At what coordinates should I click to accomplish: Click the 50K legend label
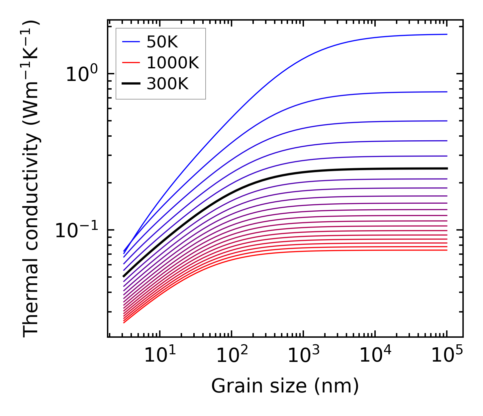[162, 42]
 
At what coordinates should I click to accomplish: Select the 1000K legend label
[173, 63]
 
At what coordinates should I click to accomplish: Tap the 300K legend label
[167, 84]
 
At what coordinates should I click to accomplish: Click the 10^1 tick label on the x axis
[160, 356]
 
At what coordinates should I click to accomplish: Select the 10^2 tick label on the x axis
[232, 356]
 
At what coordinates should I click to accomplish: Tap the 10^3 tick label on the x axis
[303, 356]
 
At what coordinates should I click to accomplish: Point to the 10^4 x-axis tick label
[375, 356]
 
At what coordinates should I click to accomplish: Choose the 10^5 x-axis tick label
[447, 356]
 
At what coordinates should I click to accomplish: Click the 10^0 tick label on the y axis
[82, 74]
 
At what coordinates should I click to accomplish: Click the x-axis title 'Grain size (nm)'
[285, 386]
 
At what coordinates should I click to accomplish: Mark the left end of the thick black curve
[124, 276]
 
